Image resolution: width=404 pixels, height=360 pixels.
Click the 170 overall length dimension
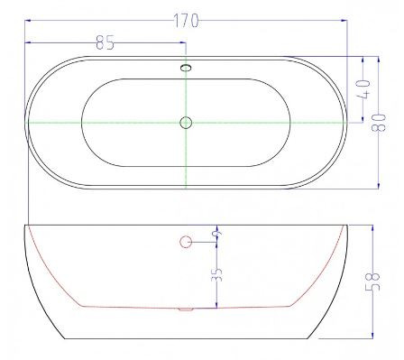187,21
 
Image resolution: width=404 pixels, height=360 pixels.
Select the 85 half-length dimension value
106,42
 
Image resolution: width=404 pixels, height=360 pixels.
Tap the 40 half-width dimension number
363,89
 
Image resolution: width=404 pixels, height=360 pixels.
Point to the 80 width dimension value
379,123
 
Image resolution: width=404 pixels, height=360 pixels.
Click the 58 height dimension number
372,282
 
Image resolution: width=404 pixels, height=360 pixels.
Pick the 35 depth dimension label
216,274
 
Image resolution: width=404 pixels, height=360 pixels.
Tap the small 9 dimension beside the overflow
218,233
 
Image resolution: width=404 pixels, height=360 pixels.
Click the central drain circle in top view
186,123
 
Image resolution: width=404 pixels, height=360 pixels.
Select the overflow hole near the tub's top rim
186,68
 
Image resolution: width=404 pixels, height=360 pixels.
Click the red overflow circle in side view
186,242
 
